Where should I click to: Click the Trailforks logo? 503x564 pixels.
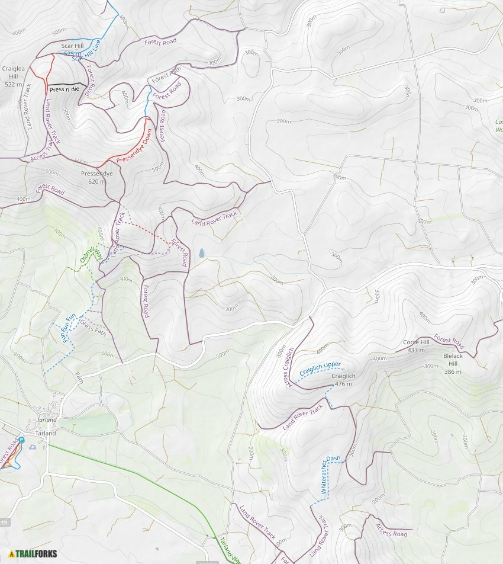33,554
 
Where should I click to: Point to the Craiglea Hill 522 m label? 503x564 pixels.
13,76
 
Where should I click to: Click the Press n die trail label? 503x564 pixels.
64,89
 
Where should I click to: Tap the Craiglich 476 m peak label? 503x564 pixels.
343,380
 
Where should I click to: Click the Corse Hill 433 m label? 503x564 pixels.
416,346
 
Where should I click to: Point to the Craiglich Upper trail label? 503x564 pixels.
320,368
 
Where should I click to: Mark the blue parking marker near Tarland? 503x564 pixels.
21,440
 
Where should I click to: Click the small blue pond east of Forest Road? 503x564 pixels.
202,253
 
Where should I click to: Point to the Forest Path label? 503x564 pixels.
166,75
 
